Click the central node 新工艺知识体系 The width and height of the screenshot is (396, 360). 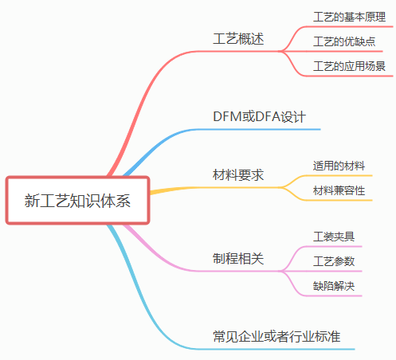pos(77,201)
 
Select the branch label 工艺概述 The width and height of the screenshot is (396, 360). pos(238,39)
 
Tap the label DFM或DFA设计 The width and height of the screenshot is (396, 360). pos(259,116)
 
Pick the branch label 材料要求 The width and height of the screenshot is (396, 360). pos(238,175)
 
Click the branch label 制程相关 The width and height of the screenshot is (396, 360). pos(238,259)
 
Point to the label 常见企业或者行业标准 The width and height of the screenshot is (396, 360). pos(276,336)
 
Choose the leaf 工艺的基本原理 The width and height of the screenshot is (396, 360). pos(349,17)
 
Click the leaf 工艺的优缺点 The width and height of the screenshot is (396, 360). pos(344,41)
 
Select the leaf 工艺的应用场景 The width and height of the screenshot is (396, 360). pos(349,66)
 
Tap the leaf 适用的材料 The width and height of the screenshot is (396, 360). pos(339,166)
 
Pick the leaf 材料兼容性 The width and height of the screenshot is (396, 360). pos(339,190)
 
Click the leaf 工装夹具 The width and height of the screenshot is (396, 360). pos(334,237)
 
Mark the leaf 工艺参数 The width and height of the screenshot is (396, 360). pos(334,261)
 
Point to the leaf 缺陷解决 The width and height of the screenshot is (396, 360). pos(334,286)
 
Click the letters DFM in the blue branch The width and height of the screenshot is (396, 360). pos(228,116)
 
